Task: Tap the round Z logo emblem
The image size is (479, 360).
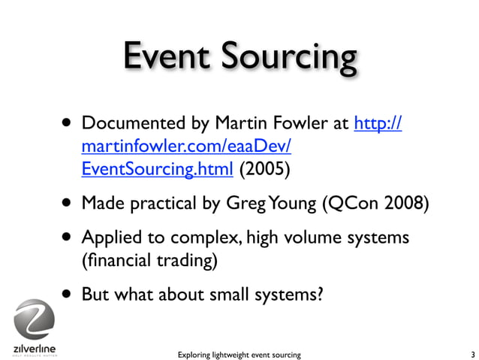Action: click(x=35, y=320)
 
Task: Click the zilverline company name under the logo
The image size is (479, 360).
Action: click(x=35, y=349)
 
